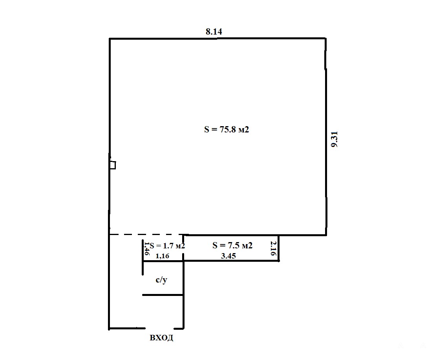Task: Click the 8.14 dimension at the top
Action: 214,32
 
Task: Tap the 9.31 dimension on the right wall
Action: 335,139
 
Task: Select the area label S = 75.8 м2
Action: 227,129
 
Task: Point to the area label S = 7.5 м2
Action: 232,245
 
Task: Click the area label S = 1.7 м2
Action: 167,246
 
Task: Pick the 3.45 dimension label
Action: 228,256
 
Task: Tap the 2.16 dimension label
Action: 273,248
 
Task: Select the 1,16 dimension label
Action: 162,256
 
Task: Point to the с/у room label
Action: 161,280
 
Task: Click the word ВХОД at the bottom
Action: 161,338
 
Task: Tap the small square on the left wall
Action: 113,165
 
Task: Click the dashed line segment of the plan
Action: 146,235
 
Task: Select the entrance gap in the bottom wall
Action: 159,328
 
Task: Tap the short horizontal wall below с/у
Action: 163,295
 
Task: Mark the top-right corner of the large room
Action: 325,38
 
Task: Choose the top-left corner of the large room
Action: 110,39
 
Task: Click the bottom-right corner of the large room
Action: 326,235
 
